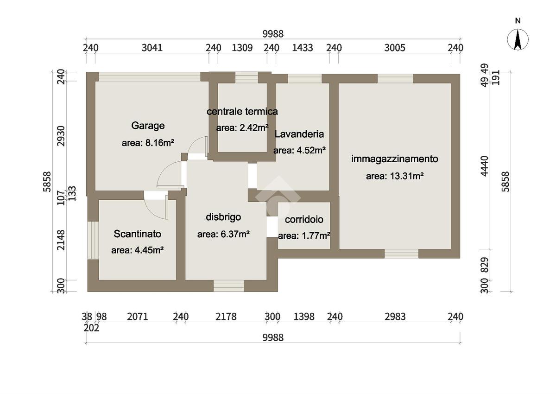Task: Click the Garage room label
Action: click(148, 126)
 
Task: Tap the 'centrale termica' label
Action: click(242, 111)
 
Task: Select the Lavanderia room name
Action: click(299, 134)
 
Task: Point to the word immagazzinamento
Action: click(394, 159)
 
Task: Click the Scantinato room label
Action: click(137, 234)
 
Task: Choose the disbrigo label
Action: click(223, 217)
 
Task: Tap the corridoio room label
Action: click(304, 219)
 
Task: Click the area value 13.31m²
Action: click(407, 176)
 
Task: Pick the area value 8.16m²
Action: click(159, 143)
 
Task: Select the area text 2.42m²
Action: click(254, 128)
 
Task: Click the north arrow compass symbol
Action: click(518, 39)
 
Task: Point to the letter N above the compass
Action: click(518, 21)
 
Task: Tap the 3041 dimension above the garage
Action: click(152, 48)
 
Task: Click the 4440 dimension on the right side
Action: click(484, 166)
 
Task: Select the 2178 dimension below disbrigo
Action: click(226, 317)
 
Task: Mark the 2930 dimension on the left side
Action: click(61, 136)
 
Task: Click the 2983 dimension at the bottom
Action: click(395, 317)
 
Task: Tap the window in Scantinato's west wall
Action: click(93, 240)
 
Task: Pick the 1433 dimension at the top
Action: click(302, 48)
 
